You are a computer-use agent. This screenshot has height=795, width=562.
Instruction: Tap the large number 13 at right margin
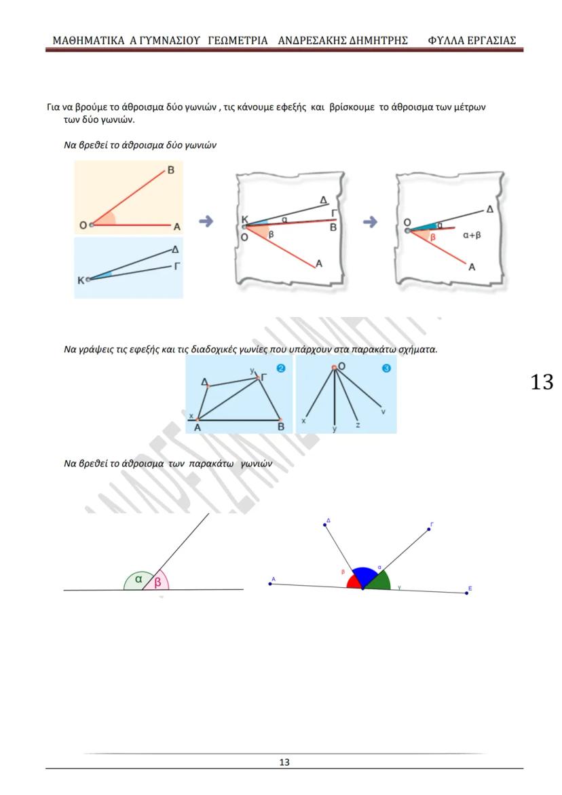tap(542, 382)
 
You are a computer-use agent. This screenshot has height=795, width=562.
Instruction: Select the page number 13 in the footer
tap(284, 762)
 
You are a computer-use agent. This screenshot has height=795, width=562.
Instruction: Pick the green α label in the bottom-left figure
tap(138, 579)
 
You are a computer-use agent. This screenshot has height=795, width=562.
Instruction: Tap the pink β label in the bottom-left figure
tap(158, 583)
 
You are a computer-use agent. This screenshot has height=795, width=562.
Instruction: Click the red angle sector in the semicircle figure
tap(353, 583)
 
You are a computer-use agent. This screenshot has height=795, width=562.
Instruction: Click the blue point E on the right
tap(467, 593)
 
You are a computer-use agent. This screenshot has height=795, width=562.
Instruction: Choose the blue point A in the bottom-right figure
tap(271, 583)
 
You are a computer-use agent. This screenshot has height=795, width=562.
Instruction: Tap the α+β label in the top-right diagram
tap(472, 236)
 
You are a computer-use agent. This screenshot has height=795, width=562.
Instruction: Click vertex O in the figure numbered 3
tap(334, 368)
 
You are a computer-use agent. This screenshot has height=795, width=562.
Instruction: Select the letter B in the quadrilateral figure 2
tap(281, 427)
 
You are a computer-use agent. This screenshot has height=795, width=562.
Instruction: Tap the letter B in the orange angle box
tap(170, 171)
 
